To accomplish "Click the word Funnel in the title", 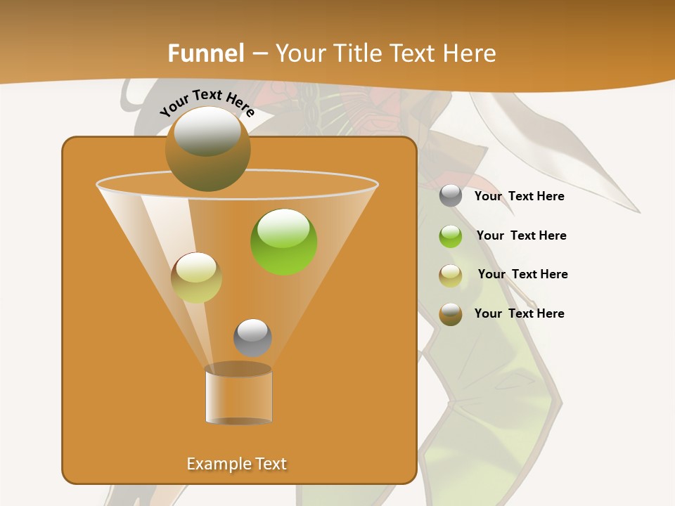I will point(205,53).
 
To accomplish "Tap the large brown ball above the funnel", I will point(207,149).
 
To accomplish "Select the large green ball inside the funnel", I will point(283,242).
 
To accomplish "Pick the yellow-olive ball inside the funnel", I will point(196,278).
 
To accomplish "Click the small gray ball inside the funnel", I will point(252,338).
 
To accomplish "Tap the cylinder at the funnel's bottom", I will point(238,395).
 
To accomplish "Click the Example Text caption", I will point(236,464).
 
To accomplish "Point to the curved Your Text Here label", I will point(207,103).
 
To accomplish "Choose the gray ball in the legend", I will point(451,196).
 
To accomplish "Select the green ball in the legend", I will point(451,235).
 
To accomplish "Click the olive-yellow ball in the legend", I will point(451,275).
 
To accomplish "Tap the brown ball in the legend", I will point(451,314).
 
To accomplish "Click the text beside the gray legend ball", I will point(519,197).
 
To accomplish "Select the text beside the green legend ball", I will point(521,235).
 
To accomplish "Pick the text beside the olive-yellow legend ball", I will point(522,274).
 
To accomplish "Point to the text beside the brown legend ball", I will point(519,313).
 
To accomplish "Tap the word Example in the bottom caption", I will point(218,464).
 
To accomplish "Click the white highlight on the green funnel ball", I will point(283,227).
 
